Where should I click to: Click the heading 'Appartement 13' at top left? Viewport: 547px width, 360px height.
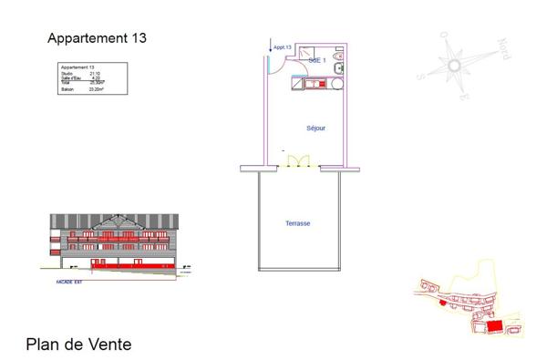point(97,38)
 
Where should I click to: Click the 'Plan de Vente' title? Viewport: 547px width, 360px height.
point(78,345)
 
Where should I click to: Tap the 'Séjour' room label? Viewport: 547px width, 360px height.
point(315,128)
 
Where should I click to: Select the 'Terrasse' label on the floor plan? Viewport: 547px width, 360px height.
point(298,223)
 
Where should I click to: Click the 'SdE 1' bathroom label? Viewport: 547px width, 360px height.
point(316,59)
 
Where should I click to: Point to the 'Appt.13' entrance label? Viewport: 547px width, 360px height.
point(282,47)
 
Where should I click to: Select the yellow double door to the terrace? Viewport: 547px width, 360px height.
point(299,161)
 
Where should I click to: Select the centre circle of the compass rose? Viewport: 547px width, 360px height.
point(455,65)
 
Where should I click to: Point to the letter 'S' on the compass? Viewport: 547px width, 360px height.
point(420,76)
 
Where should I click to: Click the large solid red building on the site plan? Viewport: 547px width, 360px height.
point(494,325)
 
